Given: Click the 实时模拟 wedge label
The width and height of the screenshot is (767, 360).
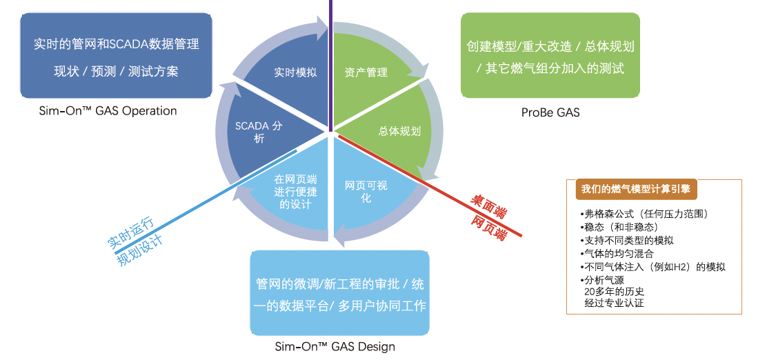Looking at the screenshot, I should click(295, 72).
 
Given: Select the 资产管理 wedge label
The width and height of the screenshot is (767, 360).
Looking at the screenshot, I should click(366, 72).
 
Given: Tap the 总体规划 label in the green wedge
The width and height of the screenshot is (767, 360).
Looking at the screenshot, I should click(399, 131).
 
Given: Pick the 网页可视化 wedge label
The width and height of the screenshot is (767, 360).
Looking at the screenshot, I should click(366, 192).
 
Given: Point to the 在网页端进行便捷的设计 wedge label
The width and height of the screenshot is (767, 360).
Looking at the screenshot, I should click(295, 192).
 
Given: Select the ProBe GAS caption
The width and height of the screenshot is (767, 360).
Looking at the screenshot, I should click(550, 112).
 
